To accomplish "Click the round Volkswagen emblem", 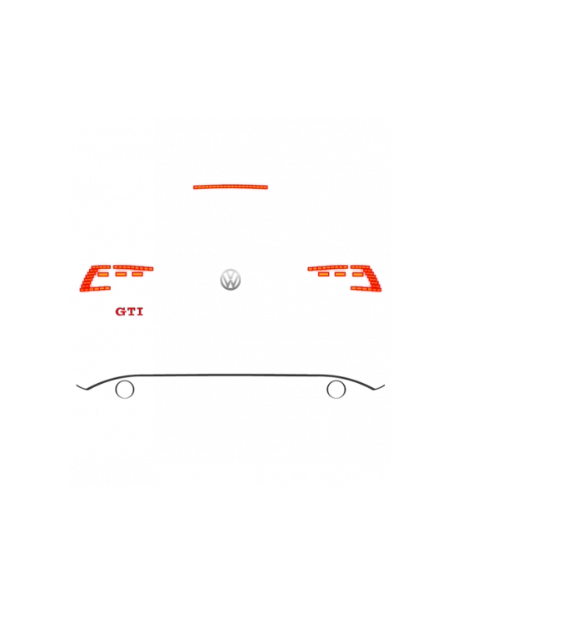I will click(x=231, y=280).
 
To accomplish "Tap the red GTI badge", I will click(x=129, y=311).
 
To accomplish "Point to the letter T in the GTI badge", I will click(x=130, y=311).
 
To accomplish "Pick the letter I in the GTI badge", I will click(x=139, y=311).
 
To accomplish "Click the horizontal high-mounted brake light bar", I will click(x=231, y=187).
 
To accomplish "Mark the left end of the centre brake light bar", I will click(x=195, y=187).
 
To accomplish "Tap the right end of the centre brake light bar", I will click(x=267, y=187).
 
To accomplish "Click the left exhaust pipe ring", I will click(x=124, y=389).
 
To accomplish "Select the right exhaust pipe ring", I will click(x=336, y=389).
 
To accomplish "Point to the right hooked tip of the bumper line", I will click(x=383, y=386).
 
